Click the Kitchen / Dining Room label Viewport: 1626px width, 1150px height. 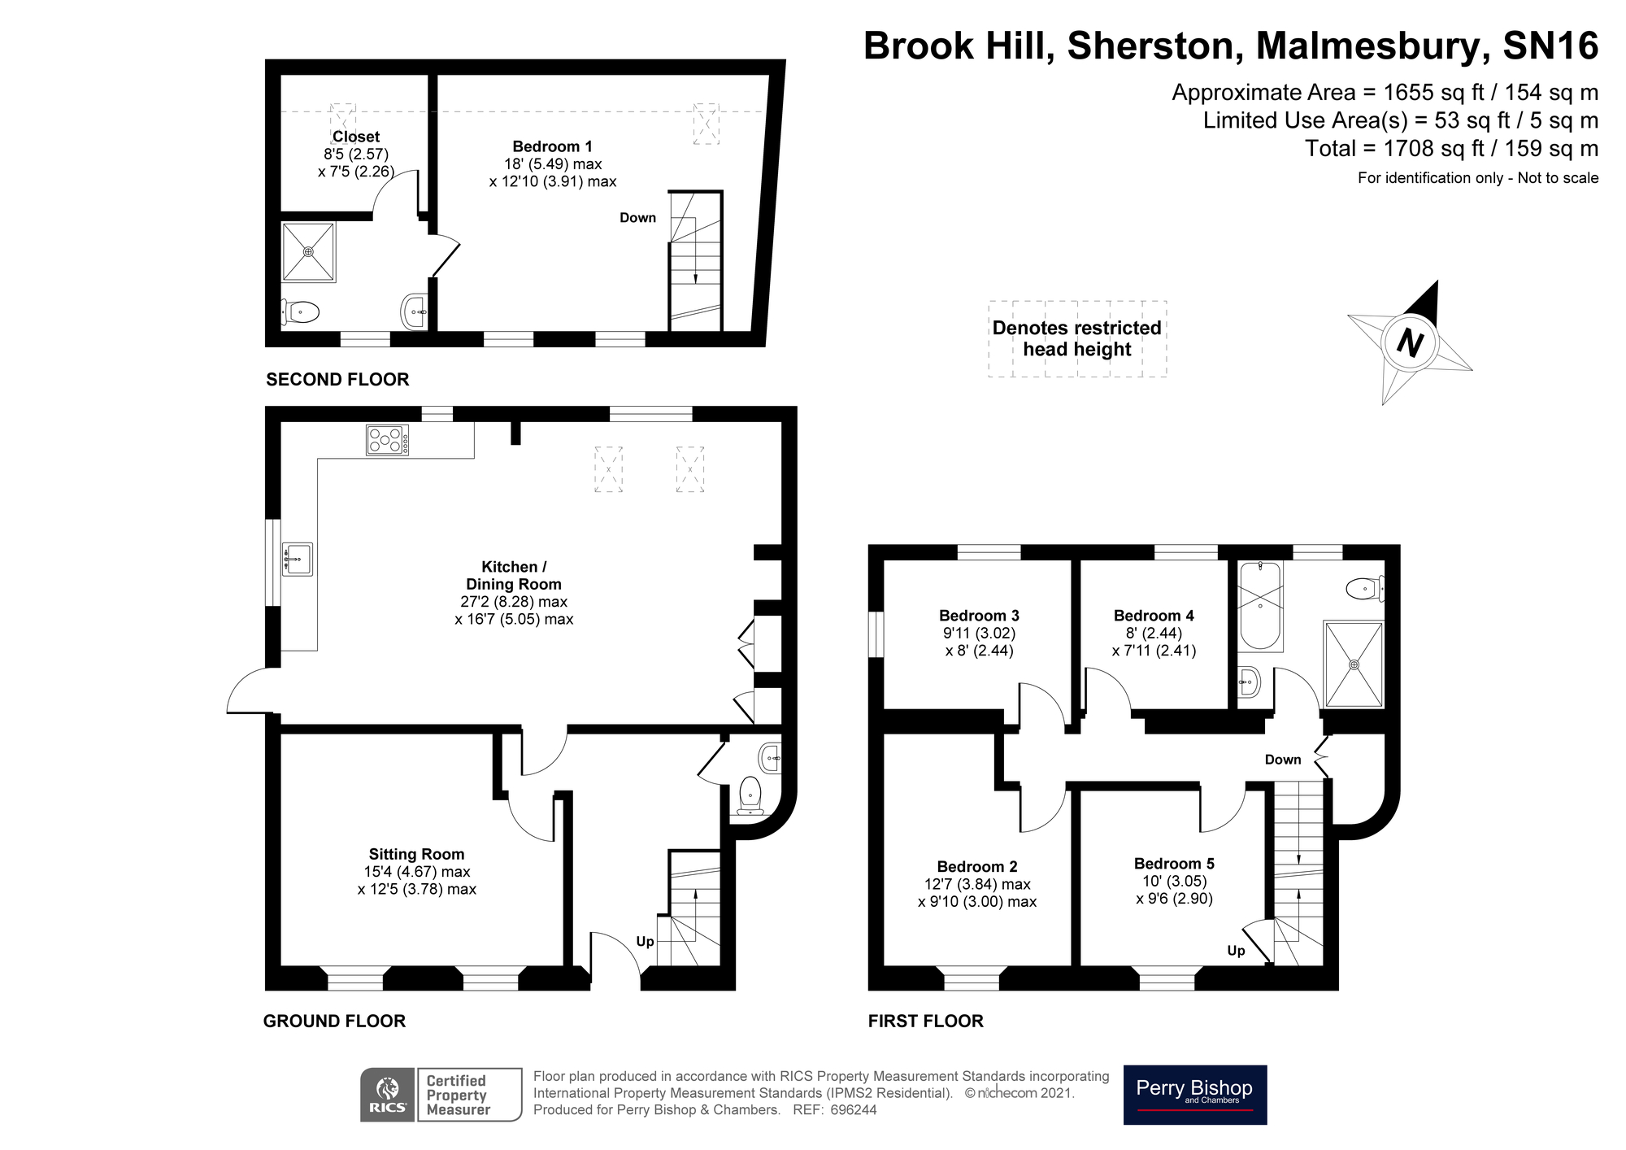point(513,575)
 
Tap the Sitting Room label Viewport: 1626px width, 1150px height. point(416,854)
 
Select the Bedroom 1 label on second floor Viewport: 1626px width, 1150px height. point(552,146)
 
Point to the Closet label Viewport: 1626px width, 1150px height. point(356,137)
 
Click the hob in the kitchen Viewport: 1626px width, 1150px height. point(387,440)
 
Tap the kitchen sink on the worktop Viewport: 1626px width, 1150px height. point(297,559)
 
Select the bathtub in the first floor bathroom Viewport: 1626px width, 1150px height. point(1260,605)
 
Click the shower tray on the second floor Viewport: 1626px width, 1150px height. point(308,252)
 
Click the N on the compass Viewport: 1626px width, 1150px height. point(1410,342)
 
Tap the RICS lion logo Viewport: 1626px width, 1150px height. point(389,1095)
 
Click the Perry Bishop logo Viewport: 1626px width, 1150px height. point(1195,1095)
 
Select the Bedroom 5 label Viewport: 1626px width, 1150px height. point(1174,863)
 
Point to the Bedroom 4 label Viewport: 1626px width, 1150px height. point(1154,615)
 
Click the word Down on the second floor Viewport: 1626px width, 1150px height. point(637,217)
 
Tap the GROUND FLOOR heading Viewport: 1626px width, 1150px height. point(334,1021)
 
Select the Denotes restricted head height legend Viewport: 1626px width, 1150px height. point(1077,338)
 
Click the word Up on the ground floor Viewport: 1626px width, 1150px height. point(645,942)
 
